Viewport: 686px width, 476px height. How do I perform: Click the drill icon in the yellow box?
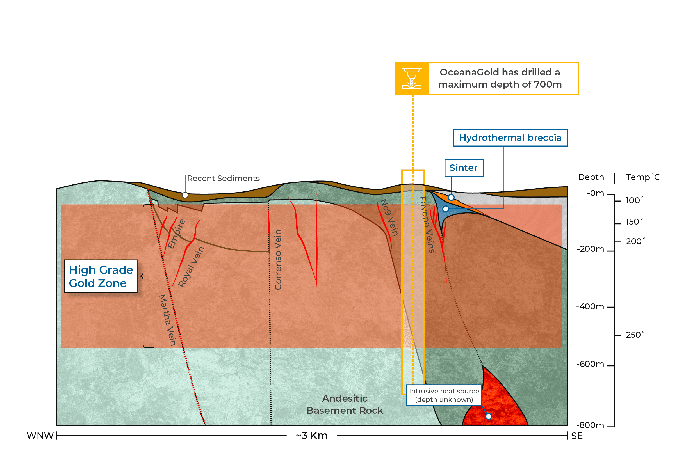pos(411,78)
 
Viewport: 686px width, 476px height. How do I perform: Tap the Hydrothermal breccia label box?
pos(510,138)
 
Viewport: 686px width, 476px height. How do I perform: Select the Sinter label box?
pos(463,168)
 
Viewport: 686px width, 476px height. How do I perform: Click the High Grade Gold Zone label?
pos(101,276)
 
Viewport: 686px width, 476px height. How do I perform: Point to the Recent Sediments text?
pos(223,178)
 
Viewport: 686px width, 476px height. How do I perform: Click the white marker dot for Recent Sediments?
pos(185,195)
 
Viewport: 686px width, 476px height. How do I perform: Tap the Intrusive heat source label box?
pos(444,395)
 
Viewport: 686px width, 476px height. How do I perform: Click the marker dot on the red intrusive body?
pos(489,416)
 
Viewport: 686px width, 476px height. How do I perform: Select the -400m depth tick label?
pos(590,306)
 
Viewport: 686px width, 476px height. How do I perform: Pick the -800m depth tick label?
pos(590,425)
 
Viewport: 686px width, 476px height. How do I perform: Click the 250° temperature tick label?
pos(635,335)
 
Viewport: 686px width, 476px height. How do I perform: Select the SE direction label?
pos(576,436)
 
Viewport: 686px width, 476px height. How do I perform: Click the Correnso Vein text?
pos(278,260)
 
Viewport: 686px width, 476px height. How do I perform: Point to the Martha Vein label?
pos(167,320)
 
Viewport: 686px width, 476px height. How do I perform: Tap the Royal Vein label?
pos(191,267)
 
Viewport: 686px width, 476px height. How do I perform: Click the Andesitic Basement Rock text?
pos(345,404)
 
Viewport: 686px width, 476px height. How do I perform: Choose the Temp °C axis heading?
pos(643,177)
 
